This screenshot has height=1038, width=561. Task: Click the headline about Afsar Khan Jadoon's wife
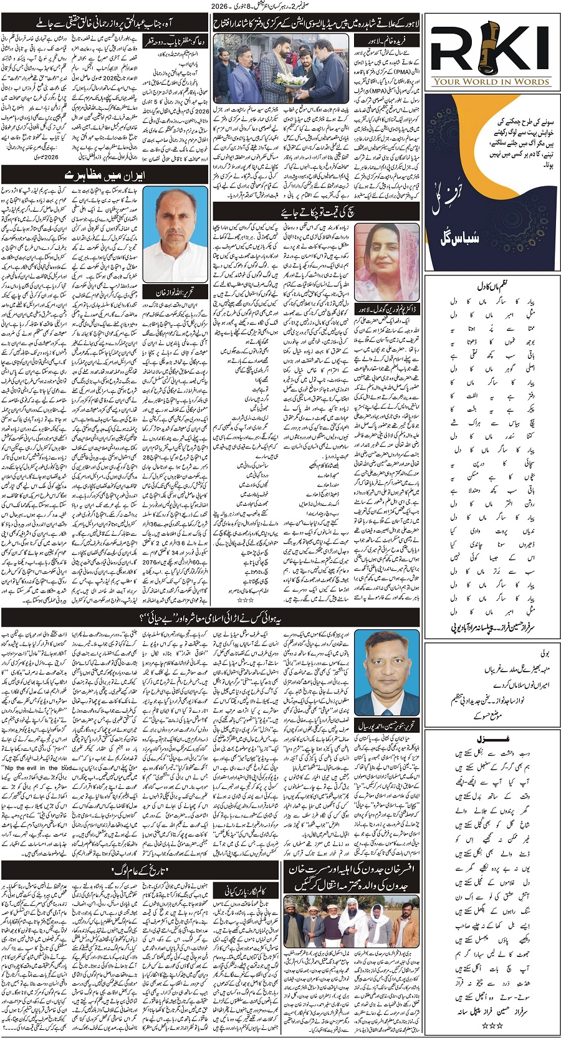pyautogui.click(x=352, y=877)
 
